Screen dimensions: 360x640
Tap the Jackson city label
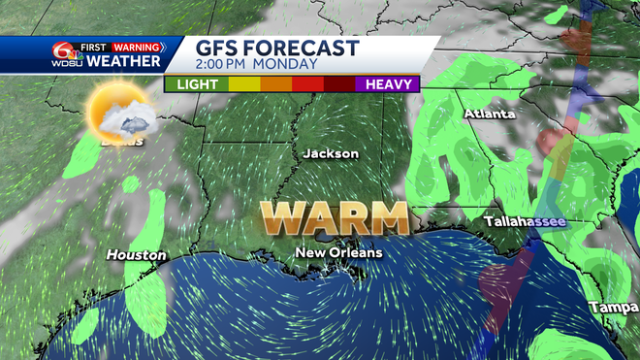[x=331, y=153]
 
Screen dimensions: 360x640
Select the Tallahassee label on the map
[x=524, y=221]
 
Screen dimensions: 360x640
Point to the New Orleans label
[x=339, y=252]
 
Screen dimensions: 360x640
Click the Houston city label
[x=137, y=254]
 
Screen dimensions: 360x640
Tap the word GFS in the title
[x=220, y=49]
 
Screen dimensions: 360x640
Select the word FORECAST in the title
[x=304, y=49]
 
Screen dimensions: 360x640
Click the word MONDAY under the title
[x=289, y=65]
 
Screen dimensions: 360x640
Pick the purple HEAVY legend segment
[x=389, y=84]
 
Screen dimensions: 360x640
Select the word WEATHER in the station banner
[x=124, y=62]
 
